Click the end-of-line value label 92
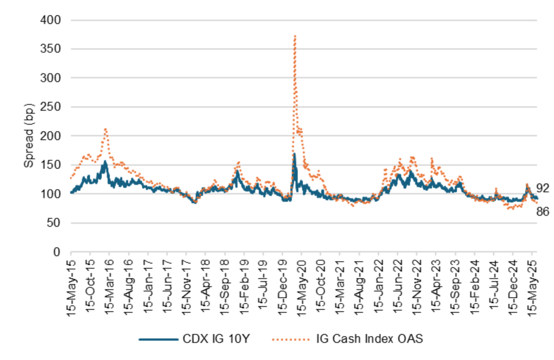click(x=543, y=188)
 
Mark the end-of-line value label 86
click(x=543, y=212)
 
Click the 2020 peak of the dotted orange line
click(x=295, y=36)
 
